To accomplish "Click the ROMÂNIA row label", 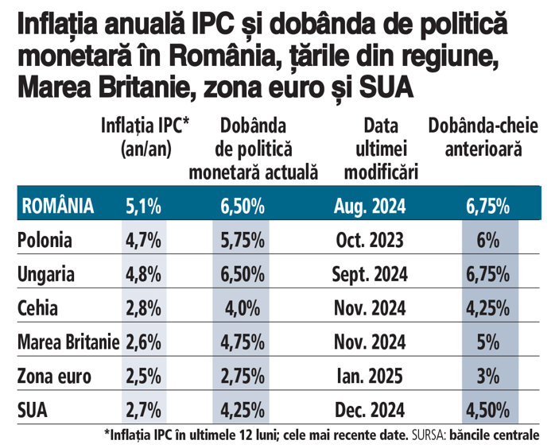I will [x=58, y=207].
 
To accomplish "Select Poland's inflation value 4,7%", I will [x=143, y=240].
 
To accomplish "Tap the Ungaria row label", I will [x=46, y=274].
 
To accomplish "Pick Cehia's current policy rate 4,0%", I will [x=242, y=308].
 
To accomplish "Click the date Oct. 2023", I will [x=369, y=240].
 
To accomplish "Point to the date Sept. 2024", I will [x=369, y=274].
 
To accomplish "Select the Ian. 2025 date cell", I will [x=369, y=377].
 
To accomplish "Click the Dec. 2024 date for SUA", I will [x=369, y=411].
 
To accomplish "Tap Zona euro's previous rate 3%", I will [x=489, y=377].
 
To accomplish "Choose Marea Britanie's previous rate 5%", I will [x=489, y=342].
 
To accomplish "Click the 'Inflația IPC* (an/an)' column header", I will [x=142, y=136].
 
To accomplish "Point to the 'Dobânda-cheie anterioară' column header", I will [x=483, y=136].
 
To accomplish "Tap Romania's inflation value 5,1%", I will [x=143, y=207].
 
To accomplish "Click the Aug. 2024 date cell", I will [x=369, y=207].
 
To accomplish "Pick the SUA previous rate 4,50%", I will [x=489, y=411].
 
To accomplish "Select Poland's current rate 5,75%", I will [x=242, y=240].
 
